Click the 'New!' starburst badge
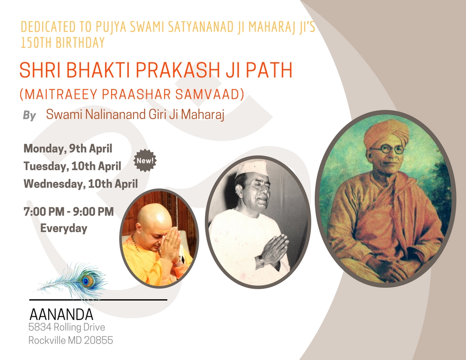tap(145, 161)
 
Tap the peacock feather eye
tap(87, 281)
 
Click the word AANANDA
tap(61, 314)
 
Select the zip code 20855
tap(98, 340)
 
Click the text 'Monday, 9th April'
tap(68, 148)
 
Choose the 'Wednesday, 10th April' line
tap(81, 184)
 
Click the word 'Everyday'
tap(64, 229)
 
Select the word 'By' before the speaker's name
tap(30, 116)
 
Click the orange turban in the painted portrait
tap(387, 133)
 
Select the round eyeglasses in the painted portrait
tap(387, 150)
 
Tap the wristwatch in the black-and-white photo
tap(261, 262)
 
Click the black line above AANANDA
tap(98, 300)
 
